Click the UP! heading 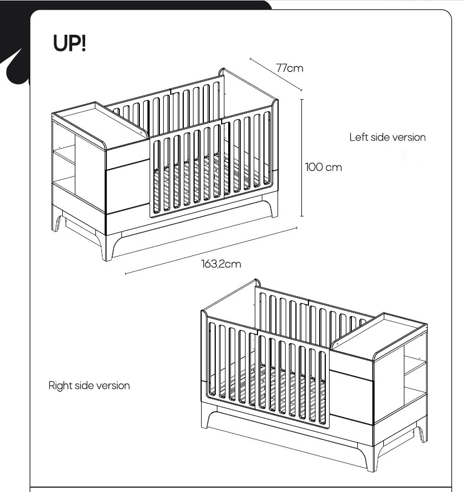click(70, 43)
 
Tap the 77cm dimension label click(289, 68)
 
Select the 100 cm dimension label click(323, 167)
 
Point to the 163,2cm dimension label click(221, 264)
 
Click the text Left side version click(387, 137)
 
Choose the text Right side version click(89, 386)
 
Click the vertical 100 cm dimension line click(301, 157)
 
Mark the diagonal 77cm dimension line click(276, 74)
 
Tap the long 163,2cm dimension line click(211, 251)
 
